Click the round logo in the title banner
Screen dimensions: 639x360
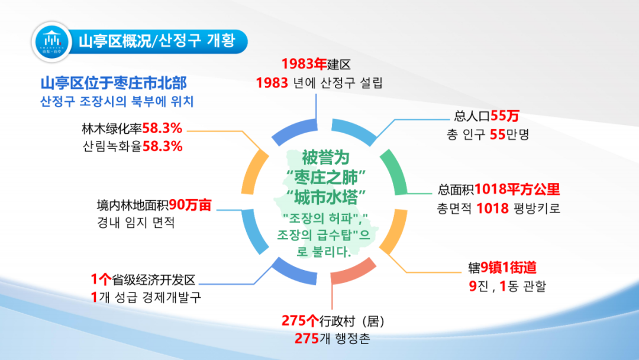pyautogui.click(x=51, y=42)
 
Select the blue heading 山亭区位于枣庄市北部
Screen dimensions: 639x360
pyautogui.click(x=114, y=83)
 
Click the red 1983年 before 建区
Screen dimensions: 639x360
pyautogui.click(x=304, y=64)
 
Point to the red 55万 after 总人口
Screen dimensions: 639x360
pyautogui.click(x=505, y=116)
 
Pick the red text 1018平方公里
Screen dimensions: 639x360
pyautogui.click(x=517, y=189)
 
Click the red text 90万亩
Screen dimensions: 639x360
pyautogui.click(x=190, y=205)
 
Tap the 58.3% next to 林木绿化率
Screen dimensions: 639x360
pyautogui.click(x=162, y=128)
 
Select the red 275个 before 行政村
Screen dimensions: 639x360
pyautogui.click(x=300, y=321)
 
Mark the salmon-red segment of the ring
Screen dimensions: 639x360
pyautogui.click(x=353, y=272)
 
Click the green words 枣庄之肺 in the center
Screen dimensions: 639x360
pyautogui.click(x=325, y=178)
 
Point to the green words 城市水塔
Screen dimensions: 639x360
pyautogui.click(x=325, y=197)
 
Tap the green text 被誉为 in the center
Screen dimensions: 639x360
pyautogui.click(x=325, y=157)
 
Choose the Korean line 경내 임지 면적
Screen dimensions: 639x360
pyautogui.click(x=135, y=223)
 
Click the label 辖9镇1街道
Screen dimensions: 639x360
pyautogui.click(x=502, y=268)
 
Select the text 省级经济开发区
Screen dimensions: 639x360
pyautogui.click(x=154, y=279)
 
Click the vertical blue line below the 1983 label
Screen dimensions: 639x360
pyautogui.click(x=316, y=107)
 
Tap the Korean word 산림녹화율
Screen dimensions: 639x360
pyautogui.click(x=112, y=146)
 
